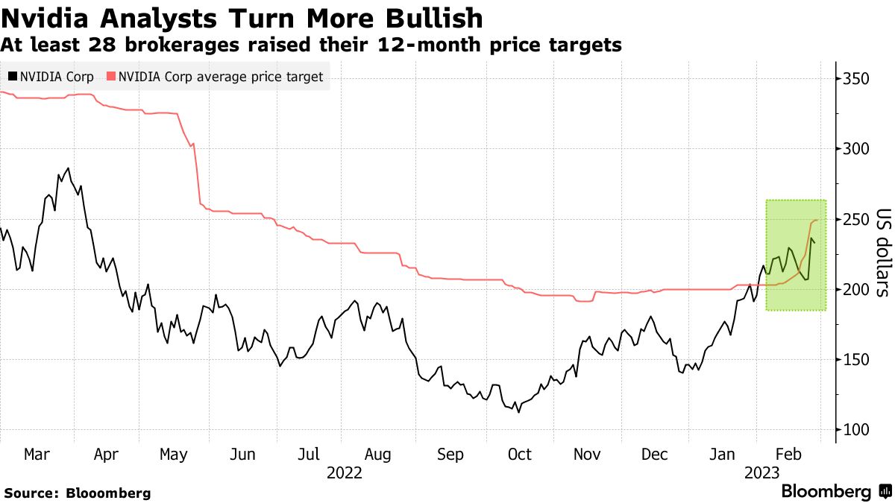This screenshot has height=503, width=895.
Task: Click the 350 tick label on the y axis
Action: (x=858, y=79)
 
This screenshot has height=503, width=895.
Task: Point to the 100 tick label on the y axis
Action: (x=858, y=430)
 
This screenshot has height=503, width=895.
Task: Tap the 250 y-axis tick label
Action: (x=858, y=220)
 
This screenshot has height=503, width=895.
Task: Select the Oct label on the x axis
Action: (x=519, y=455)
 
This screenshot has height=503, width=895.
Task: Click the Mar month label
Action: (x=37, y=455)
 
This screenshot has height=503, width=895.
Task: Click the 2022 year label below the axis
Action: (x=345, y=473)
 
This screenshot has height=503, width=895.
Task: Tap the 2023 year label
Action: (x=761, y=473)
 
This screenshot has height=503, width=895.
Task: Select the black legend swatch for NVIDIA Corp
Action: (x=13, y=76)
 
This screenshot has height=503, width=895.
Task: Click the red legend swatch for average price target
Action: (x=111, y=76)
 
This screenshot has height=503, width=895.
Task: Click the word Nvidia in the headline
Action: (x=44, y=18)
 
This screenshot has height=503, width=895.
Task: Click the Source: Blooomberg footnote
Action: (x=78, y=493)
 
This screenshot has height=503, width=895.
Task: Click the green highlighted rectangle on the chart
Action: (x=795, y=255)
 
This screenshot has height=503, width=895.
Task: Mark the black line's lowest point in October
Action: (x=518, y=411)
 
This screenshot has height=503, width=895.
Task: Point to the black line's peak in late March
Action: (x=69, y=168)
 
